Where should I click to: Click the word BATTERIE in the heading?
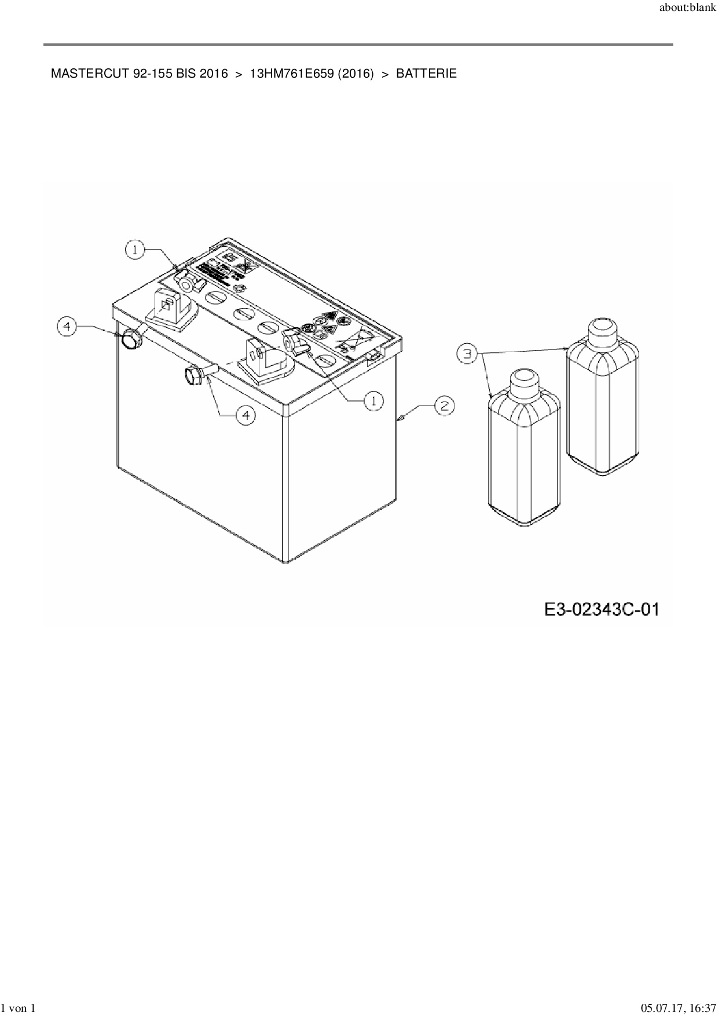coord(426,74)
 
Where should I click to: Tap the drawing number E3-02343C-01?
coord(602,609)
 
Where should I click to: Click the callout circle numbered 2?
coord(444,405)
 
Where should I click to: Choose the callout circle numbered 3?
coord(467,353)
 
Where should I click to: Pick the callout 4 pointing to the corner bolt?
coord(67,327)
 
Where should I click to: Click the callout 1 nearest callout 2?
coord(373,400)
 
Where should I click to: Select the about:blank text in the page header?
coord(687,10)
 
